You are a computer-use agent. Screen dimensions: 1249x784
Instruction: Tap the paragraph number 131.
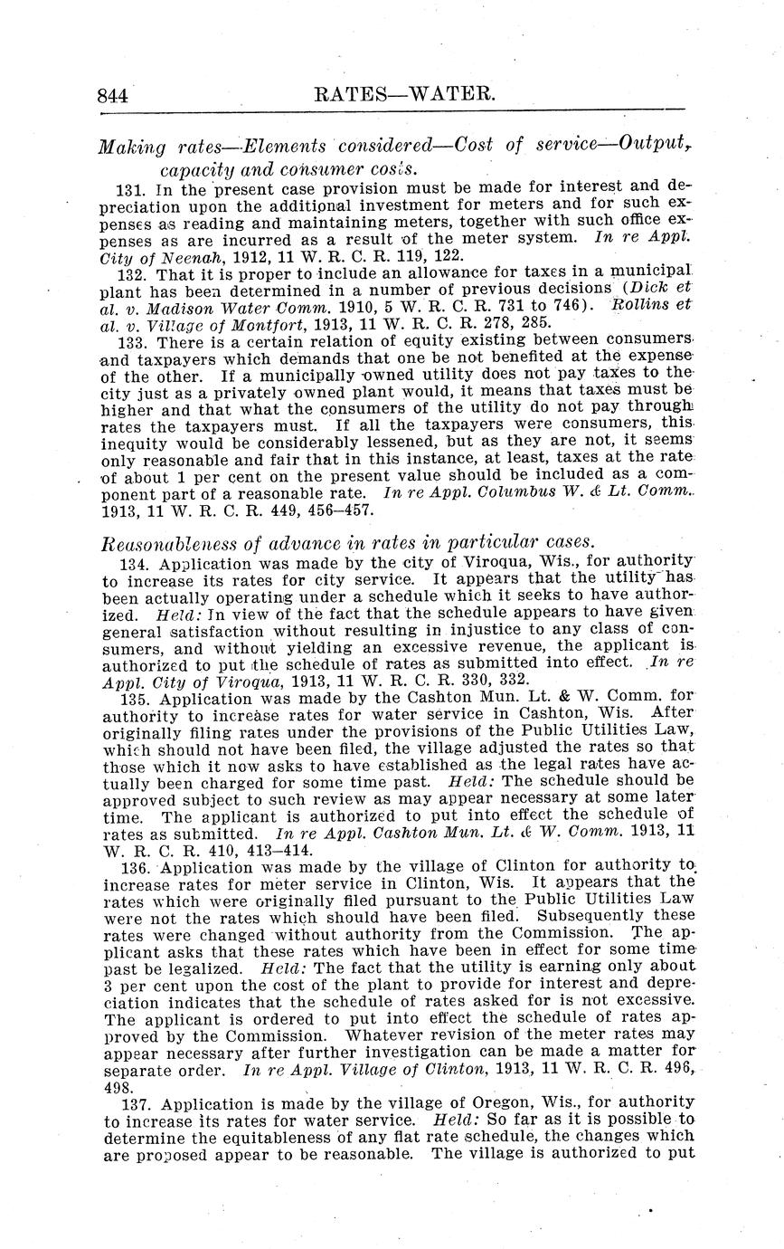(133, 191)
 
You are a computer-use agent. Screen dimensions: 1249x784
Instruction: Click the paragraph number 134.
(133, 563)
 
